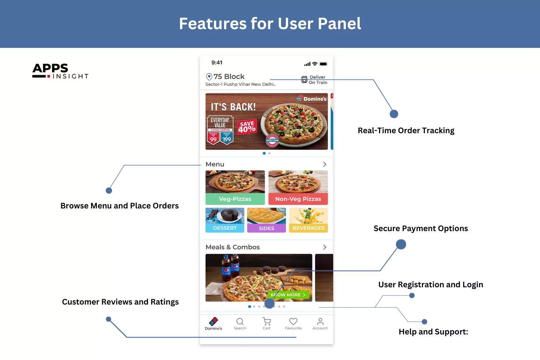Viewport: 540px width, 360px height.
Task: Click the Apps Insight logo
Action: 60,71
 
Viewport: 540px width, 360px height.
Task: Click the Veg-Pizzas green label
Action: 235,199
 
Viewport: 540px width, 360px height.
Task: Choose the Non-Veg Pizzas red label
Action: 298,199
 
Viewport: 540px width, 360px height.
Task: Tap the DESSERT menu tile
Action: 225,220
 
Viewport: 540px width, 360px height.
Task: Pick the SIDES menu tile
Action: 266,220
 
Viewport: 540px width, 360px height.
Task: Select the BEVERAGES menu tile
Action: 309,220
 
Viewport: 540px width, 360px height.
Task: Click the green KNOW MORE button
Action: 288,295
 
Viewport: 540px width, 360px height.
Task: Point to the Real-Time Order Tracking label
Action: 406,130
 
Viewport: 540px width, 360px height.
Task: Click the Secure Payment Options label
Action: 421,228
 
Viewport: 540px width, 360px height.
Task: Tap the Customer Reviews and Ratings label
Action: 120,302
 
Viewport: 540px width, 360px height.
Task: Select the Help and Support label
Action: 433,332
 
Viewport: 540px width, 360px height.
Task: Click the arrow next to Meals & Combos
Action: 325,247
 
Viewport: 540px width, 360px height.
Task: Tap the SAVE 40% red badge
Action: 247,127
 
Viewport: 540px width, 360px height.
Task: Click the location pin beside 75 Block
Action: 209,77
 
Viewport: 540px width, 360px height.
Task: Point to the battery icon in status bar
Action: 323,64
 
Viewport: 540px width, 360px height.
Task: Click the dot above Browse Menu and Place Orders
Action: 109,190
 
